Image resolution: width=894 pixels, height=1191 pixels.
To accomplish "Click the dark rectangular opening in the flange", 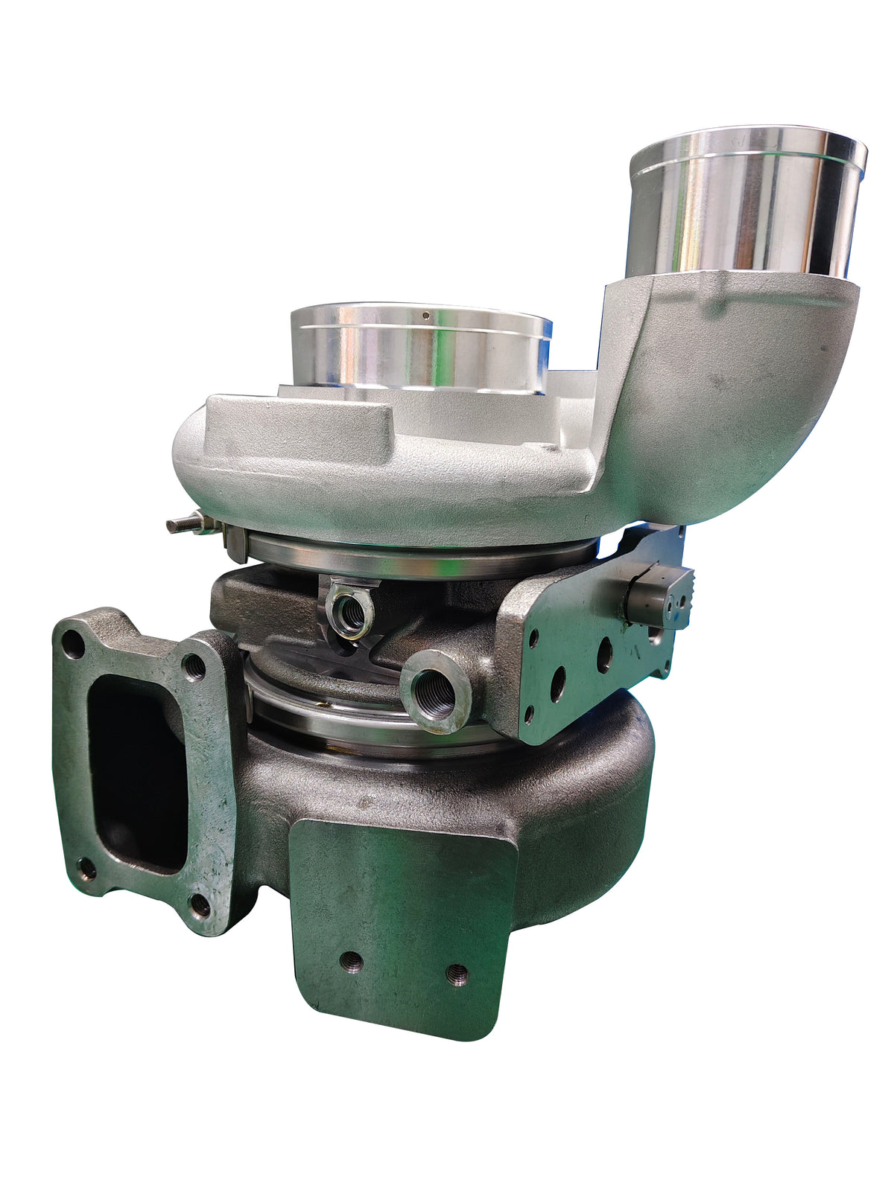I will (138, 774).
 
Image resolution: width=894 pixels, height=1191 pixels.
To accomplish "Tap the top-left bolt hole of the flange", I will (73, 644).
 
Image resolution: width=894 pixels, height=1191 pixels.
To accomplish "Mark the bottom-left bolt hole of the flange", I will (87, 868).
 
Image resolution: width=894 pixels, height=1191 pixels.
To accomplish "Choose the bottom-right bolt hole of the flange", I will (200, 904).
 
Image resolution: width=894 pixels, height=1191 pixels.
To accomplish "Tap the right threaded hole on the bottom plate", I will (457, 973).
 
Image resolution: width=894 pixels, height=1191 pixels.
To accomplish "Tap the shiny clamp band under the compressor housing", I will (417, 558).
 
